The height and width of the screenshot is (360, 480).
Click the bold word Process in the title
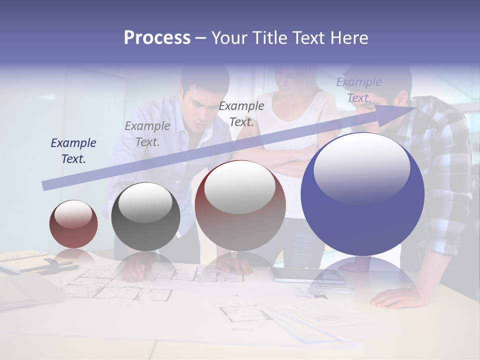coord(157,38)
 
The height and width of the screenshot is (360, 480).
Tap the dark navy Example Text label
coord(73,151)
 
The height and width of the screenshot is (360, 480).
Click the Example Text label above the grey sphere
coord(147,134)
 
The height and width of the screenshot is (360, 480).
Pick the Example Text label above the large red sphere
coord(241,114)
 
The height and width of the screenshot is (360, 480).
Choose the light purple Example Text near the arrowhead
coord(358,90)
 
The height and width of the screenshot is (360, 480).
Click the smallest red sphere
coord(73,224)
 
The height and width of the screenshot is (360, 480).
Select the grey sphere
coord(145,216)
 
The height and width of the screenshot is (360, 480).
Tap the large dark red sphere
coord(240,206)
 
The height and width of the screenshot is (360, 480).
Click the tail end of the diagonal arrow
coord(44,186)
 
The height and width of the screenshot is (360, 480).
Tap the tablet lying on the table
coord(307,274)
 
